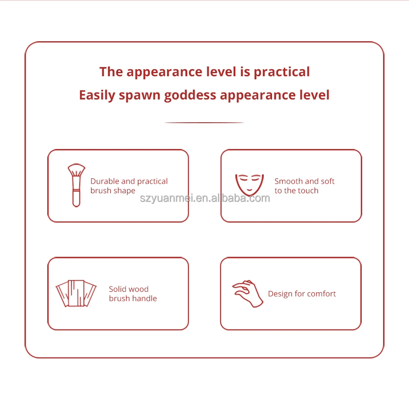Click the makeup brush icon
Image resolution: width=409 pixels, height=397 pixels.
76,185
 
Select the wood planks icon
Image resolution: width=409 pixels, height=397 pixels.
76,293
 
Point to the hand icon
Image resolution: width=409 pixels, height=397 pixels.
248,294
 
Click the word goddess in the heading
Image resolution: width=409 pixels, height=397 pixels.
190,95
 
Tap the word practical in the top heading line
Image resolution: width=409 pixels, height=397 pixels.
282,72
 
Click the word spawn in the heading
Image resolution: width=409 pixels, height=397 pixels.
140,96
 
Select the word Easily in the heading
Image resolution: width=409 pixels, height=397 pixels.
97,95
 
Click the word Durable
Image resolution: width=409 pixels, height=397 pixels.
105,181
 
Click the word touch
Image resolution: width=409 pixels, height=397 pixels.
308,191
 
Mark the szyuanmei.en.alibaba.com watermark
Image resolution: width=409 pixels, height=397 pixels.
205,198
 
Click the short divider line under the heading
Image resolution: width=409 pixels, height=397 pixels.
204,122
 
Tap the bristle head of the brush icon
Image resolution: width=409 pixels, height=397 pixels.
77,170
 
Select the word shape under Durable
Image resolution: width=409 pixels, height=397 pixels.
124,191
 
